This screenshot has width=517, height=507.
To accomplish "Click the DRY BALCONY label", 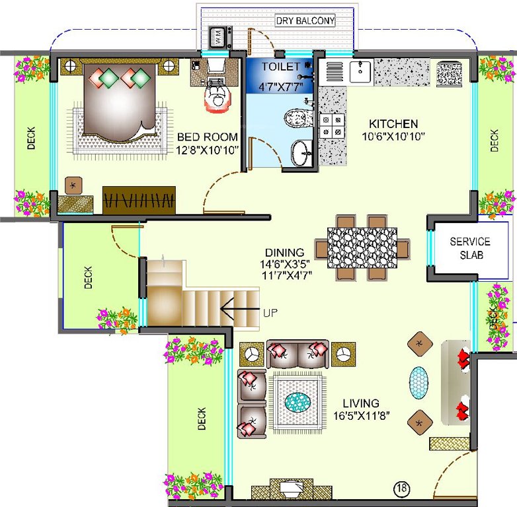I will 305,21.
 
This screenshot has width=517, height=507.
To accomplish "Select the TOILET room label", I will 280,67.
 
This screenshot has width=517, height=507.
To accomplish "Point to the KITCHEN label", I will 393,123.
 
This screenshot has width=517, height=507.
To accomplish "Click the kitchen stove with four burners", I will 331,126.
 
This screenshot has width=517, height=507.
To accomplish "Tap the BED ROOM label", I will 207,137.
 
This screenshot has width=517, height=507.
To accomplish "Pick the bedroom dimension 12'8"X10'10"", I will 207,150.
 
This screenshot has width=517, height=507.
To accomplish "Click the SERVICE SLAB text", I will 470,248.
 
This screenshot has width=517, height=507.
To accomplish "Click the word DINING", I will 284,252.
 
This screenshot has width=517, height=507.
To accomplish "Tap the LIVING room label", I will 361,403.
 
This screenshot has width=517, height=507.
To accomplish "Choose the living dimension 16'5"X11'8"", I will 361,415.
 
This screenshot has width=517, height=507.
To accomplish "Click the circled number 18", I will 401,489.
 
